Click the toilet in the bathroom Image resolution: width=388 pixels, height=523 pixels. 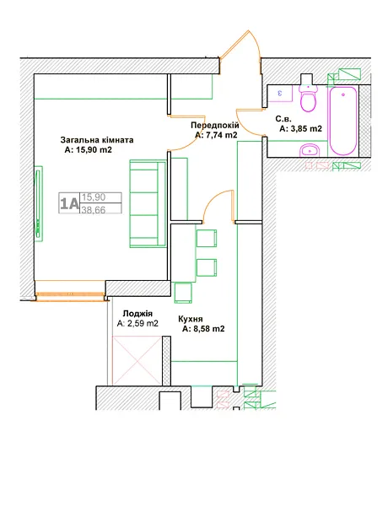(308, 98)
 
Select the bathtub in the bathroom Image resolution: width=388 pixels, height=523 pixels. (343, 121)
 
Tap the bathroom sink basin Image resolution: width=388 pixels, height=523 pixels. (310, 150)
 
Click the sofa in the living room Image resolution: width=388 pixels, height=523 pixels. (148, 203)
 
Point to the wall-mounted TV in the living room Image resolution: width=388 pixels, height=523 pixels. (39, 203)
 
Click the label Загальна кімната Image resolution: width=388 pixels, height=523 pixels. (97, 140)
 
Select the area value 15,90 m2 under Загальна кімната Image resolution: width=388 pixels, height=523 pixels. (88, 150)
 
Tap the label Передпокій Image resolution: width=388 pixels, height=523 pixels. (215, 126)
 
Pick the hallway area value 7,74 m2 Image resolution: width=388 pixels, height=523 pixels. (216, 135)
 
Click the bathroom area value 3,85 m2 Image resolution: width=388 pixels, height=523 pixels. (300, 129)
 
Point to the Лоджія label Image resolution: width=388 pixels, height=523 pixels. (137, 314)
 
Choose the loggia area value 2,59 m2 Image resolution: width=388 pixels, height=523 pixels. (137, 323)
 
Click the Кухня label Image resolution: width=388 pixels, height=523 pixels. (190, 319)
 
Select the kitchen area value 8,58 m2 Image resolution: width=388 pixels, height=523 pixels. (203, 329)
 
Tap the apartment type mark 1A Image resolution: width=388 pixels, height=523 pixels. (69, 203)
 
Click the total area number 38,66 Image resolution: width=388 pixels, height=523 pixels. (94, 210)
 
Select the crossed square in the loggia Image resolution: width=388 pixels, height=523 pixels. (137, 360)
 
